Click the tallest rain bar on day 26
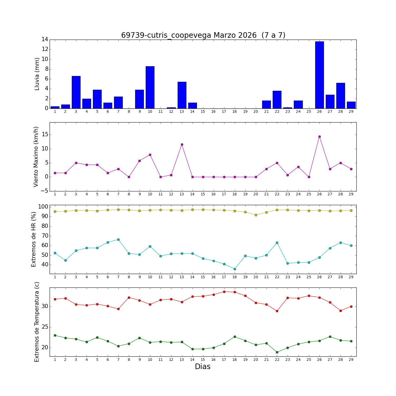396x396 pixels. coord(319,75)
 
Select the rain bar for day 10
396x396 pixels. coord(150,87)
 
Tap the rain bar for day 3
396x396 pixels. coord(76,92)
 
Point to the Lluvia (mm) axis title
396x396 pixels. coord(37,74)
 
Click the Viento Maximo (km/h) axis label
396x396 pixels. coord(36,157)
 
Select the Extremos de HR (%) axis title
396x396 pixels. coord(34,239)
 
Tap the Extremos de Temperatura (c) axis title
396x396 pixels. coord(37,322)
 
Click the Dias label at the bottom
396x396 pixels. coord(202,367)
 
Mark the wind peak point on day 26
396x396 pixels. coord(319,136)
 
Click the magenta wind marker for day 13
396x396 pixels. coord(182,144)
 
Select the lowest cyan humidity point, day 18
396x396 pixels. coord(235,269)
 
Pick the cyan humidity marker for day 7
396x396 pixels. coord(118,239)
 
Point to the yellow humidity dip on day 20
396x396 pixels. coord(256,215)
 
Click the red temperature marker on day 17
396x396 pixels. coord(224,292)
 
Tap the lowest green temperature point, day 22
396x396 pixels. coord(277,352)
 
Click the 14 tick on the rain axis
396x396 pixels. coord(45,40)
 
